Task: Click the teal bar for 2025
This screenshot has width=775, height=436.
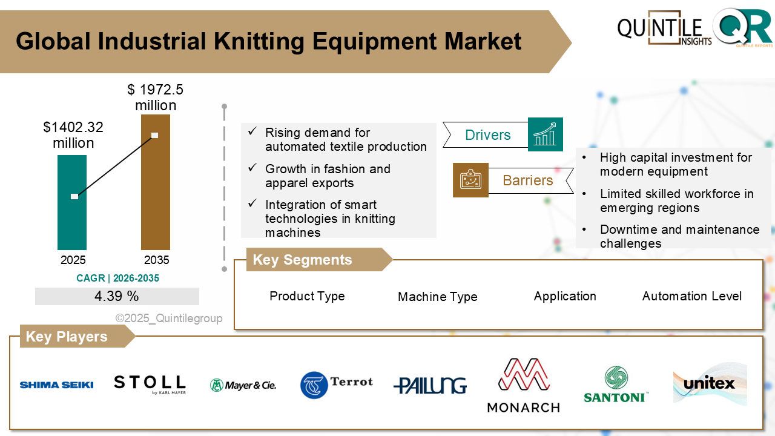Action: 72,224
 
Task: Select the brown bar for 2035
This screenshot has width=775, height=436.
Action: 155,200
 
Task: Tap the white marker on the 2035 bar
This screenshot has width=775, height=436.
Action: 155,136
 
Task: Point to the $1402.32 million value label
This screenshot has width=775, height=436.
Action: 73,135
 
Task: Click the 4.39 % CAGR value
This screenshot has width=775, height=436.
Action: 117,297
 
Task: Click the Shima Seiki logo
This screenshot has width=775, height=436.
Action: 56,385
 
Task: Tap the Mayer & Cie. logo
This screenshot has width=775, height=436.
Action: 243,385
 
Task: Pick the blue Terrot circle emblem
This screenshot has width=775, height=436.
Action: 314,385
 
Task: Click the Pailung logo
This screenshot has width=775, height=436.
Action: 430,386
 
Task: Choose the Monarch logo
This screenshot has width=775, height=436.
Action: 523,385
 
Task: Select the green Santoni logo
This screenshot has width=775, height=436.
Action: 616,385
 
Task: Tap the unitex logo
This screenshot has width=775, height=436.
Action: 710,383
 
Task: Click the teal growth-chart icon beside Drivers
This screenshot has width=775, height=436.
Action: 545,134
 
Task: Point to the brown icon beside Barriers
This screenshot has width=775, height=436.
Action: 470,180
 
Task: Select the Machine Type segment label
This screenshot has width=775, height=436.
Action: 437,297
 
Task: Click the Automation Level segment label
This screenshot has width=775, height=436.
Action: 691,296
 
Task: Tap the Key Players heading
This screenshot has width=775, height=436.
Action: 67,337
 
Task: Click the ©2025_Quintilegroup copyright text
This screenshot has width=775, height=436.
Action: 169,319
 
